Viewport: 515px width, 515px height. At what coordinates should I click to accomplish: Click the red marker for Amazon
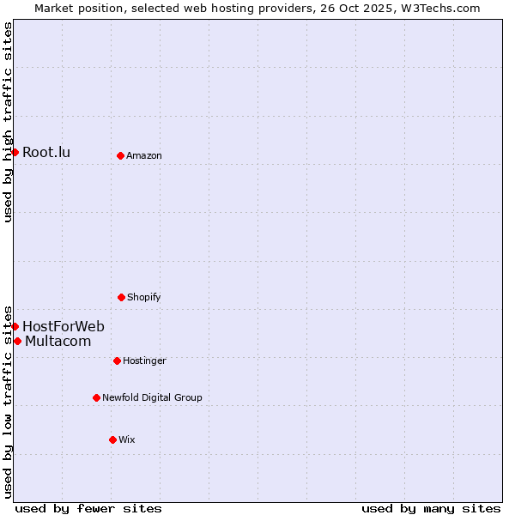pos(120,155)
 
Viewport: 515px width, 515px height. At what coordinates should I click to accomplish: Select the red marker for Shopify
pos(121,297)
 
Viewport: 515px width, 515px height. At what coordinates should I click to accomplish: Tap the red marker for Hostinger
pos(117,360)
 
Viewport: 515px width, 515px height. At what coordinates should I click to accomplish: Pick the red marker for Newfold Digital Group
pos(96,397)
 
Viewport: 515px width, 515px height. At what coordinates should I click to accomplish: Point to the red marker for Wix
pos(112,439)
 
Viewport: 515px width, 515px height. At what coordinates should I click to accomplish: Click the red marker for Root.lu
pos(15,152)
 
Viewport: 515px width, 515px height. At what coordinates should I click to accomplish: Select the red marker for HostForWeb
pos(15,326)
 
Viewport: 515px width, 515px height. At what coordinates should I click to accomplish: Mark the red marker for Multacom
pos(17,341)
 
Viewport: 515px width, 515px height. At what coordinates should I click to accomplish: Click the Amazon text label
pos(144,156)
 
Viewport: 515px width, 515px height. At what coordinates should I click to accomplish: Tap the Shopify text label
pos(144,298)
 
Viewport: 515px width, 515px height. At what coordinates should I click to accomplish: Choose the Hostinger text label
pos(144,361)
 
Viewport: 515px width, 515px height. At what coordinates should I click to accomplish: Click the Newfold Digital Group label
pos(152,398)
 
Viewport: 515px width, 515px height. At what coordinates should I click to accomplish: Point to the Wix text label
pos(127,440)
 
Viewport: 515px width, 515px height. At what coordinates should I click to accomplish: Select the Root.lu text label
pos(46,153)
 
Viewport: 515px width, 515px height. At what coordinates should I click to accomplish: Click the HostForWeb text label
pos(64,326)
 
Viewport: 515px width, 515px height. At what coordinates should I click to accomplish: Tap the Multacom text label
pos(58,342)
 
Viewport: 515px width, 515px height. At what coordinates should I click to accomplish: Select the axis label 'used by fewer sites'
pos(88,508)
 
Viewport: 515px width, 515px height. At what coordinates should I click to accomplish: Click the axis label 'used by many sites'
pos(431,508)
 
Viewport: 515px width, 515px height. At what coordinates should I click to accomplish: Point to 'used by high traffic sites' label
pos(9,122)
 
